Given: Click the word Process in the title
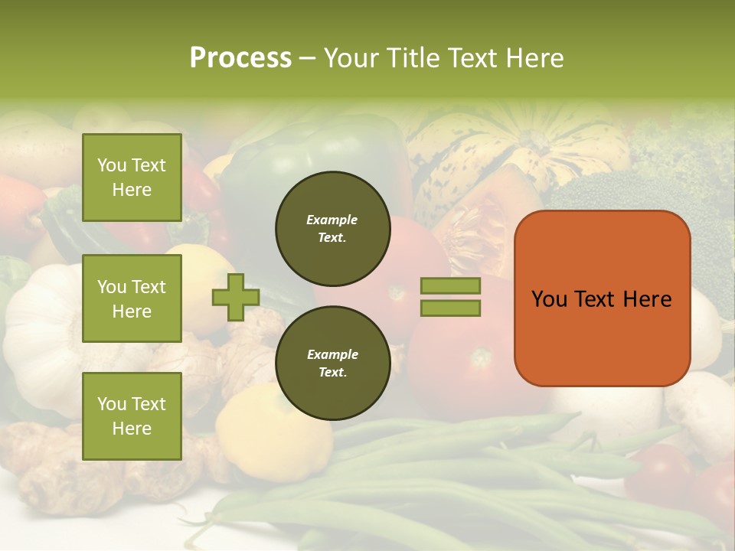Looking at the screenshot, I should click(240, 58).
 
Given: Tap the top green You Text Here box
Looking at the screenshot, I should click(132, 178).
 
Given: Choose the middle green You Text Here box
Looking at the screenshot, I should click(132, 298).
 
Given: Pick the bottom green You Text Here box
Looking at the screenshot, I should click(132, 416).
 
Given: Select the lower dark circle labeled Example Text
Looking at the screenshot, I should click(332, 363).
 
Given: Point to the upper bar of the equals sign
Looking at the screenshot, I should click(450, 285).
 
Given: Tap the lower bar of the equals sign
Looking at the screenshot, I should click(450, 308).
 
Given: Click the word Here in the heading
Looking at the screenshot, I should click(534, 58).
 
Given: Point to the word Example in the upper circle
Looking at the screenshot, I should click(332, 220).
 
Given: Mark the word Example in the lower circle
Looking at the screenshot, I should click(332, 354).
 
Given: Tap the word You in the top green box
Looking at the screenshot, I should click(112, 165).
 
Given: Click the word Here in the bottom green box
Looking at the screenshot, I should click(132, 429).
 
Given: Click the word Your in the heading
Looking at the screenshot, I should click(354, 58).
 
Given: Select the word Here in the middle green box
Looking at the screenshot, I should click(132, 311).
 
